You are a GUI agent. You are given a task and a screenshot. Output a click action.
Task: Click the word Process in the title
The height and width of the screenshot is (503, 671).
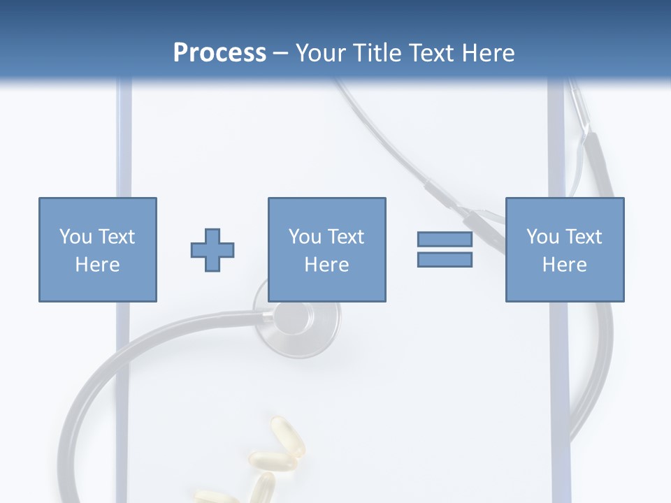click(219, 53)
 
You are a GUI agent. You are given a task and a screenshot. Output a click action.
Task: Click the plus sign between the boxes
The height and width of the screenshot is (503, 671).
click(212, 250)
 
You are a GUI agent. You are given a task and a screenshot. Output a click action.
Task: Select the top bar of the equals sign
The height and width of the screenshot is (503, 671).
click(445, 239)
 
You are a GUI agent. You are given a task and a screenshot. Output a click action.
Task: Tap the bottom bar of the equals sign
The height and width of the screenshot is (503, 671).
click(445, 260)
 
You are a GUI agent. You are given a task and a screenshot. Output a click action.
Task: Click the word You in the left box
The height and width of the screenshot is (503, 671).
click(74, 237)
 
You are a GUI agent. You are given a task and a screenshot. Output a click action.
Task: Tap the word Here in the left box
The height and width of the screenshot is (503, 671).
click(98, 265)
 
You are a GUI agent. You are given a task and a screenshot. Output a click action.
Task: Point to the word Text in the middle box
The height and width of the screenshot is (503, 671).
click(347, 237)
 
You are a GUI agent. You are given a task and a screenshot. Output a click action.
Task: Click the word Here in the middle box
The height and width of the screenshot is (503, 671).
click(327, 265)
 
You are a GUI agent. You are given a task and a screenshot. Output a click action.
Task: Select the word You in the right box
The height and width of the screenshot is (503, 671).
click(542, 237)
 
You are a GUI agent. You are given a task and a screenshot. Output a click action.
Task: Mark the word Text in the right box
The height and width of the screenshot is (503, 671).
click(584, 237)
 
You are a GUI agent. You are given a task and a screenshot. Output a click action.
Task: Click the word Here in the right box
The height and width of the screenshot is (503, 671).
click(565, 265)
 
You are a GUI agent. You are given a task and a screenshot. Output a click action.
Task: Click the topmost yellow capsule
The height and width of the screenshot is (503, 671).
click(287, 437)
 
